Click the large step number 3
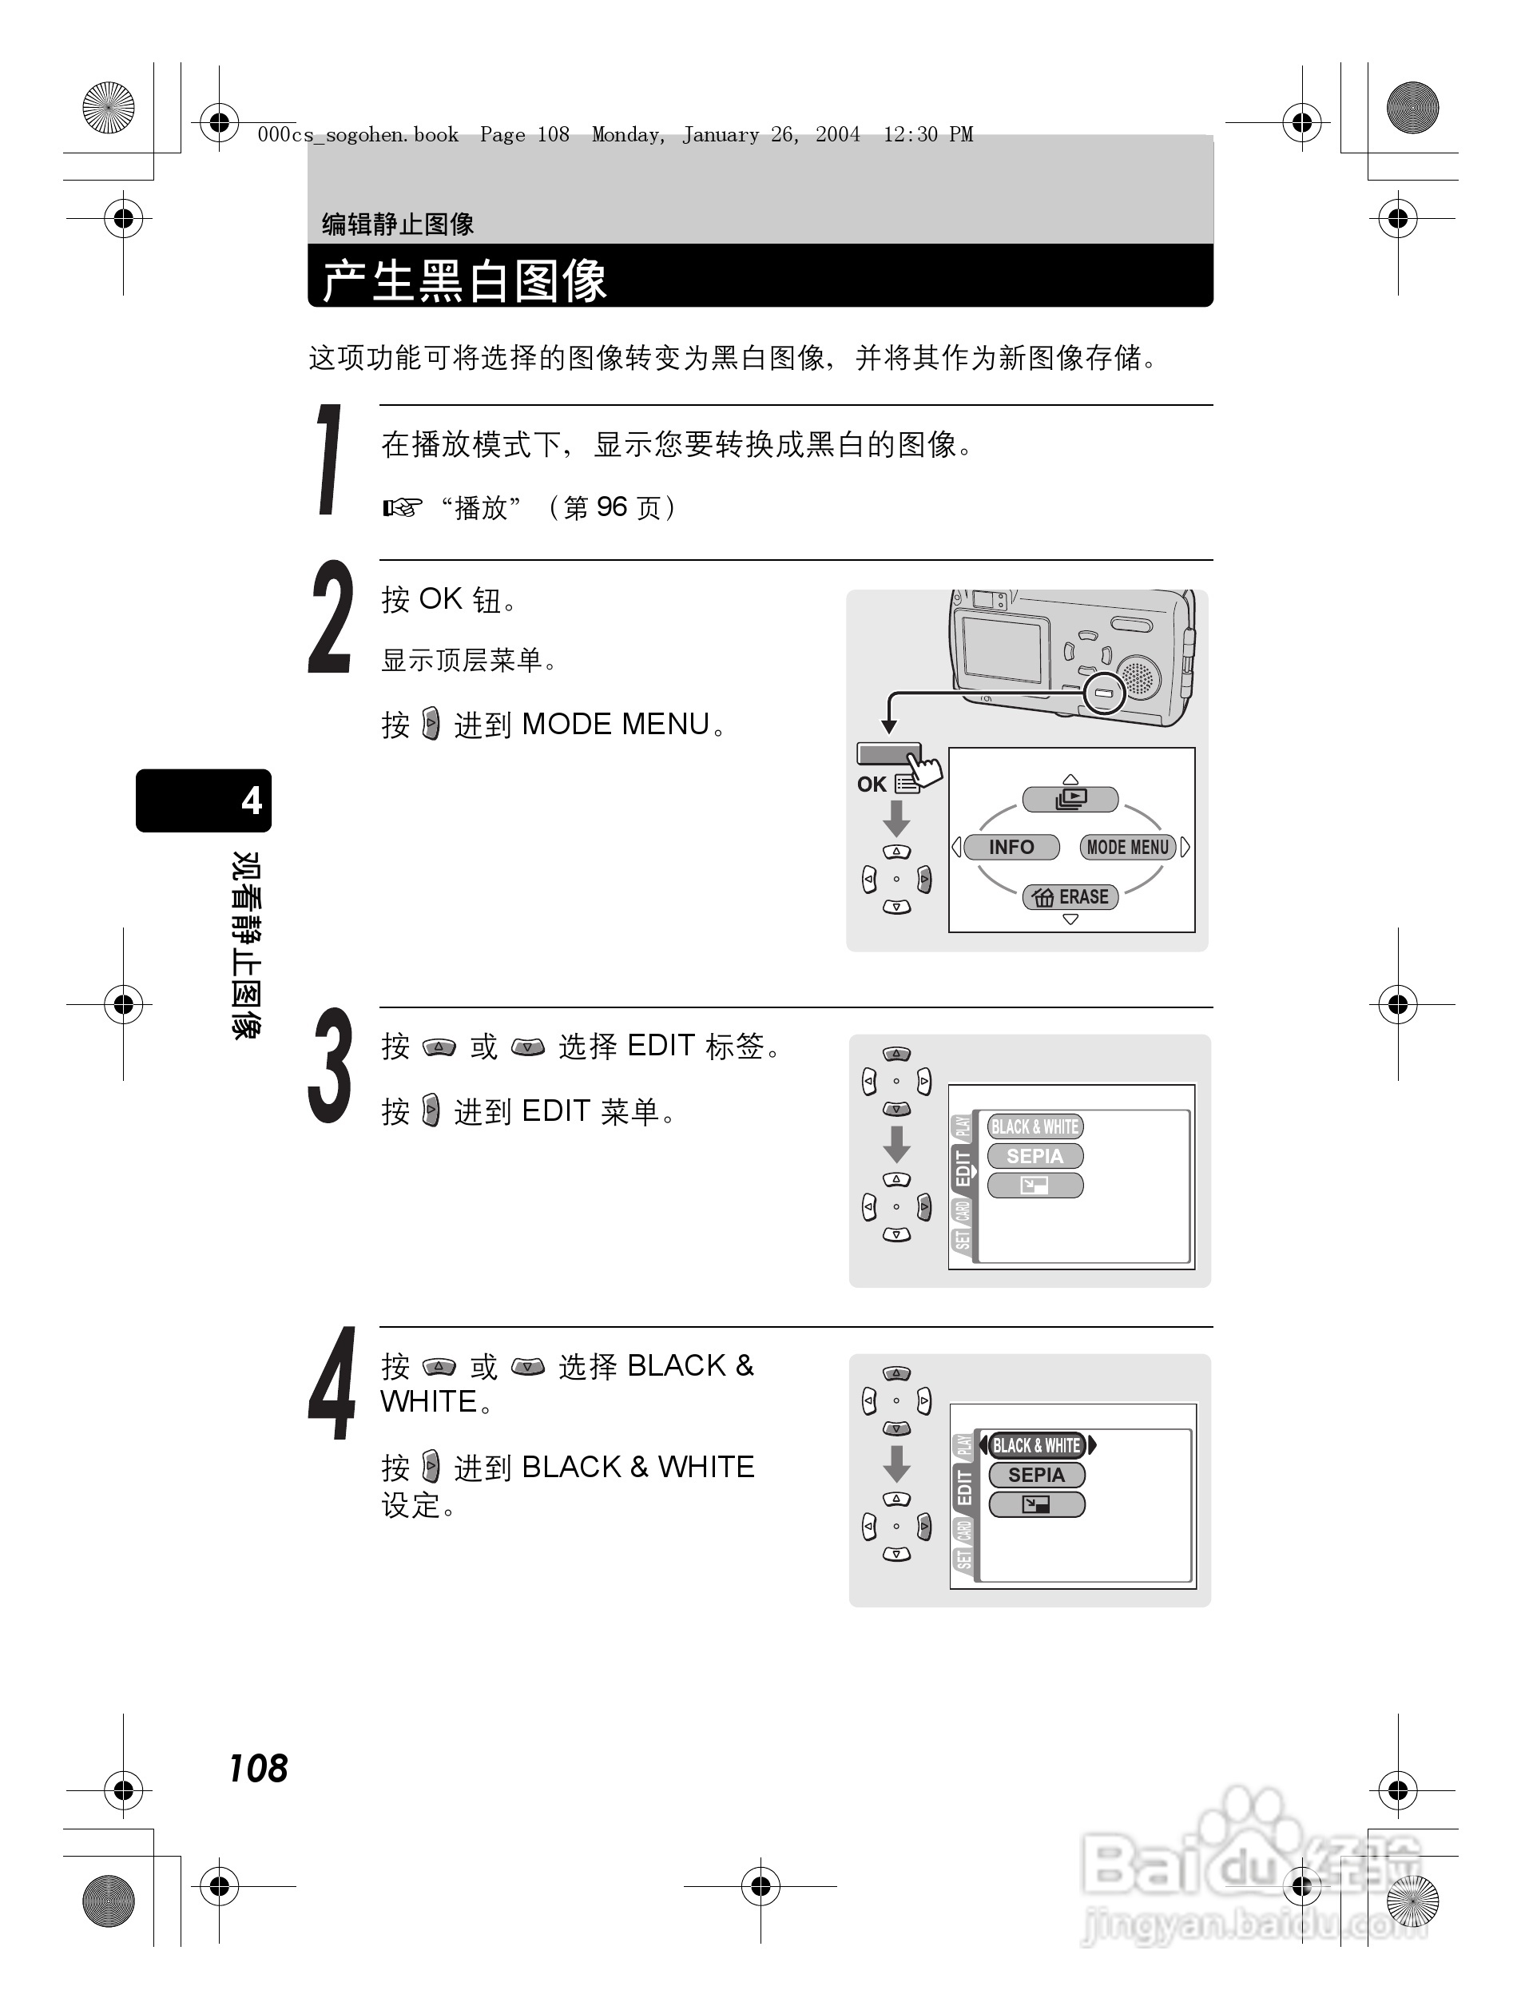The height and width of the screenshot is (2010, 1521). point(330,1065)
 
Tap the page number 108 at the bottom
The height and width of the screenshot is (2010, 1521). point(258,1768)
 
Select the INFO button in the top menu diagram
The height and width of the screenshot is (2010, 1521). point(1011,847)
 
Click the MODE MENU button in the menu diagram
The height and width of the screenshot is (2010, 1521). point(1128,847)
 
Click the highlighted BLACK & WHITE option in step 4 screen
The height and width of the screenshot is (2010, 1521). point(1037,1445)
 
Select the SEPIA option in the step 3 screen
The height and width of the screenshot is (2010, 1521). point(1035,1156)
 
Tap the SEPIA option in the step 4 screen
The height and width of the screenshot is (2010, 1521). point(1037,1475)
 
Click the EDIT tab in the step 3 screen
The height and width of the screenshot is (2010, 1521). point(963,1169)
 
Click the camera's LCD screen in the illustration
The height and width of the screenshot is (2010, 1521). point(1003,648)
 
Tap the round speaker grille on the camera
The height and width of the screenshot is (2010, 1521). point(1137,677)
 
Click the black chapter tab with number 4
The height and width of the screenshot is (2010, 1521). point(204,800)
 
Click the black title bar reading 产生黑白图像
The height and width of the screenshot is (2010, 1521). point(760,278)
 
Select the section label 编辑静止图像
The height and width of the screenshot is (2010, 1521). point(398,224)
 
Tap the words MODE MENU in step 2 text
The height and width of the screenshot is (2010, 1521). point(616,725)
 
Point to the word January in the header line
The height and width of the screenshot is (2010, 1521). point(721,135)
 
